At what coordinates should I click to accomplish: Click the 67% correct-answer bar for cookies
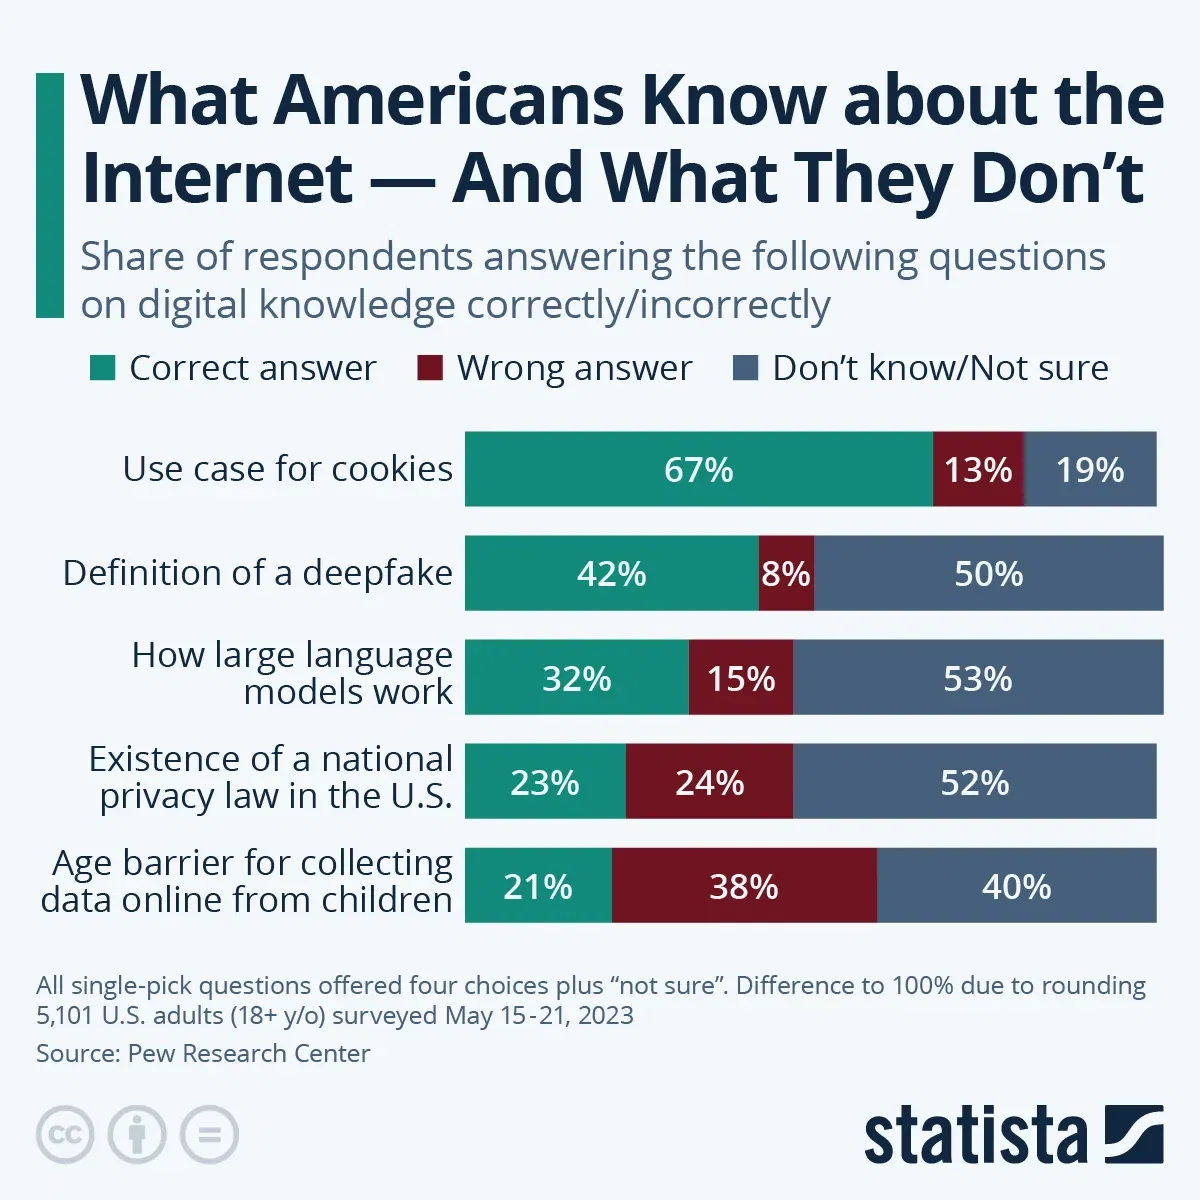[x=698, y=469]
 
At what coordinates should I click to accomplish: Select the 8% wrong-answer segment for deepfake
[x=786, y=573]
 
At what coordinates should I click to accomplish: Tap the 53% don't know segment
[x=977, y=678]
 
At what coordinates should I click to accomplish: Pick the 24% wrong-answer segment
[x=709, y=782]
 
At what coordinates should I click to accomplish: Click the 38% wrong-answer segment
[x=743, y=886]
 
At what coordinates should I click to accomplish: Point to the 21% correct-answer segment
[x=538, y=886]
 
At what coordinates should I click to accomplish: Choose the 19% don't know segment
[x=1090, y=469]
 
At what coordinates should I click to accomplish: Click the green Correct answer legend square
[x=102, y=368]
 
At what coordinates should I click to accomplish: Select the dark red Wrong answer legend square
[x=429, y=368]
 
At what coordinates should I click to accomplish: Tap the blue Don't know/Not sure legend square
[x=745, y=368]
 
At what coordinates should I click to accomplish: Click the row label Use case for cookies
[x=287, y=469]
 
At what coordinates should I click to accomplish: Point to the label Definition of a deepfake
[x=257, y=573]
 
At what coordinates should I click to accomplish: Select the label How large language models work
[x=292, y=673]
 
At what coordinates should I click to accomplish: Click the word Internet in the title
[x=216, y=178]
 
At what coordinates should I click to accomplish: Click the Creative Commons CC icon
[x=65, y=1135]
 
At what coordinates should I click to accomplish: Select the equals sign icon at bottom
[x=209, y=1135]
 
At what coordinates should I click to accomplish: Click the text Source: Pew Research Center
[x=203, y=1053]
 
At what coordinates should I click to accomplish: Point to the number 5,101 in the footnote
[x=66, y=1016]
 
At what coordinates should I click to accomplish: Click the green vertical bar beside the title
[x=49, y=195]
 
